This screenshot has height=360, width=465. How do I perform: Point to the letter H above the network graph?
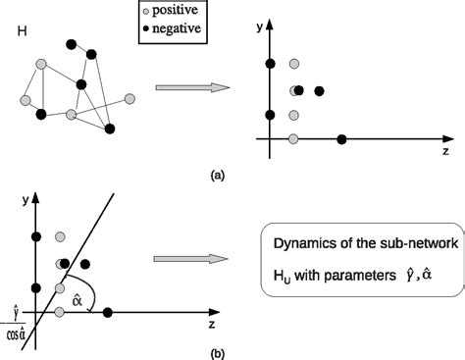tap(22, 33)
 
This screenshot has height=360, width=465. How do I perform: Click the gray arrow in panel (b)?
tap(192, 260)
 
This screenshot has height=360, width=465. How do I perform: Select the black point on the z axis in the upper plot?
tap(341, 139)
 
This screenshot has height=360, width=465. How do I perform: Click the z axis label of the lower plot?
tap(211, 324)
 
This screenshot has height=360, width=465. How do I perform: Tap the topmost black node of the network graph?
tap(71, 43)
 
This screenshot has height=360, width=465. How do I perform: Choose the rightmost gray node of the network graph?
tap(129, 98)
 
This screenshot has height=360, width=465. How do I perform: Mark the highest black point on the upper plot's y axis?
tap(271, 65)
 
